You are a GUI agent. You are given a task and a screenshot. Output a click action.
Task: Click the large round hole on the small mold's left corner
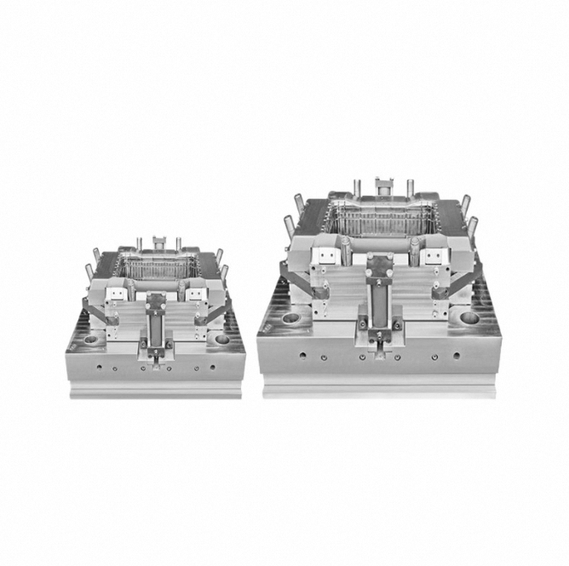coord(90,338)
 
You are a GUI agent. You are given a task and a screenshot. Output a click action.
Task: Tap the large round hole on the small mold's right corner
coord(222,338)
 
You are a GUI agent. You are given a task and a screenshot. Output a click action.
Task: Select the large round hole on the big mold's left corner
coord(291,317)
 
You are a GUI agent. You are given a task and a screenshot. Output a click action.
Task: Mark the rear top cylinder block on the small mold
coord(158,244)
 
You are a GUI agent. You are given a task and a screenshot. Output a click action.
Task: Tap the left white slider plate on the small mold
coord(117,292)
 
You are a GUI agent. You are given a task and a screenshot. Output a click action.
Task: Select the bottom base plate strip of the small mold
coord(156,391)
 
